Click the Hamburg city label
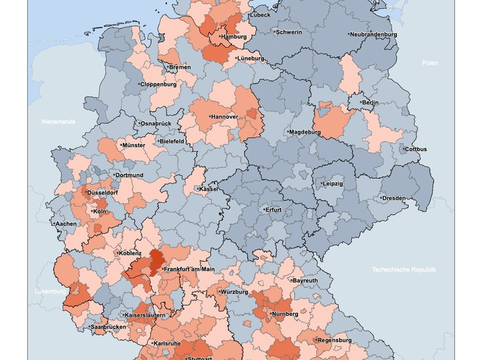tap(235, 37)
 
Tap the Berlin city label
tap(370, 103)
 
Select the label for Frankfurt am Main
tap(189, 269)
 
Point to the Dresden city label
tap(394, 198)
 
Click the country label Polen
tap(430, 63)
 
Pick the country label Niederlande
tap(58, 122)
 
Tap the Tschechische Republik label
tap(404, 269)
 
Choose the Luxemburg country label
tap(49, 292)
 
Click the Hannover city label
tap(225, 116)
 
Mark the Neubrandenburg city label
tap(374, 35)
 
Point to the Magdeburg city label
tap(306, 132)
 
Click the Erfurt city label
tap(274, 211)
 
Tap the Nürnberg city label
tap(285, 314)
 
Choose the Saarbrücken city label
tap(109, 327)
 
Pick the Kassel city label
tap(208, 189)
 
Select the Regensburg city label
tap(334, 340)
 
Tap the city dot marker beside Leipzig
tap(321, 184)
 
